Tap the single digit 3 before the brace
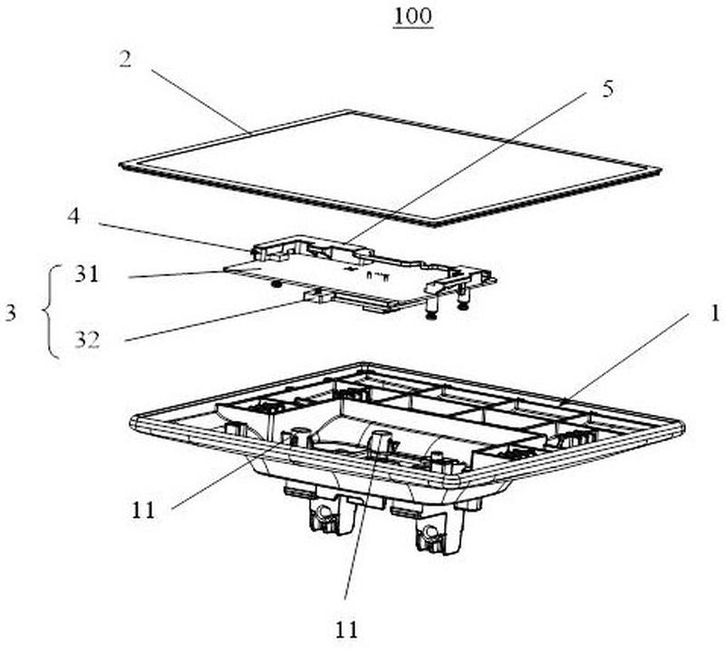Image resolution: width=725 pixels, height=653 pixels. [12, 312]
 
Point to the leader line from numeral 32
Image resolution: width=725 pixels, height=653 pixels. [217, 320]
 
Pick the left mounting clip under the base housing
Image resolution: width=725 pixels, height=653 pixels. [324, 516]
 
